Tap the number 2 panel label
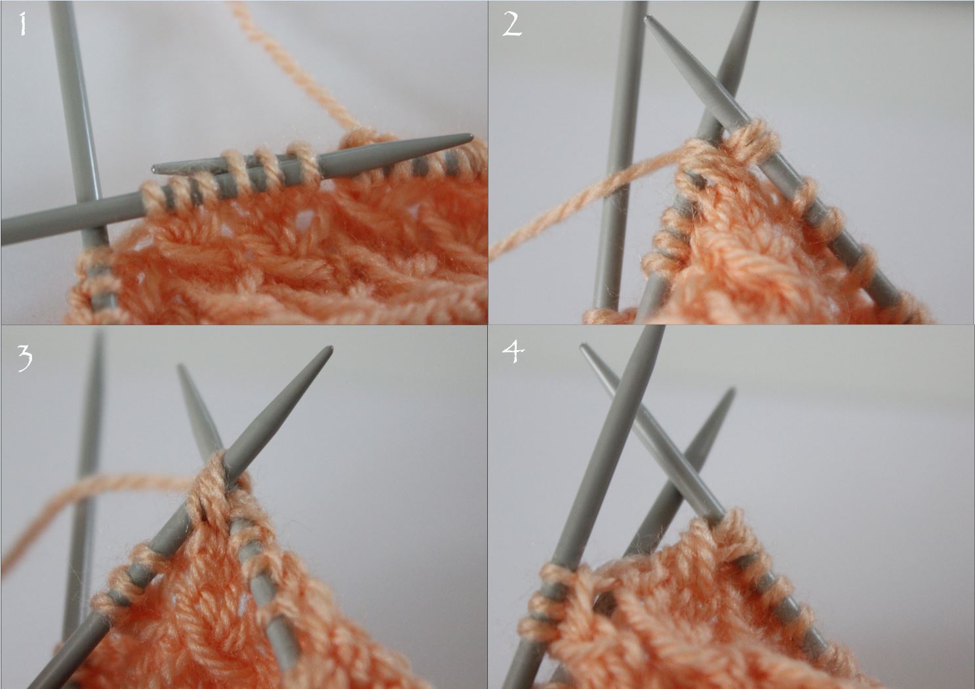[512, 24]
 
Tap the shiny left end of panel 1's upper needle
[157, 168]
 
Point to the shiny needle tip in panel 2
[648, 18]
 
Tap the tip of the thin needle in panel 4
[584, 346]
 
